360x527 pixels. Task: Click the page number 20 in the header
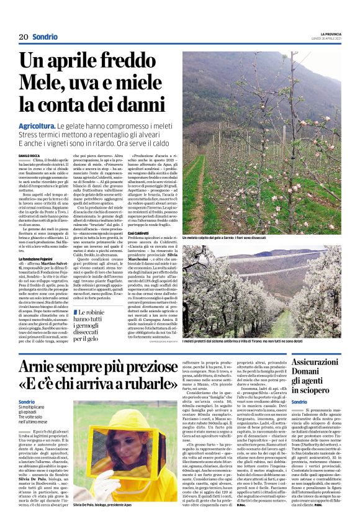point(24,37)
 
